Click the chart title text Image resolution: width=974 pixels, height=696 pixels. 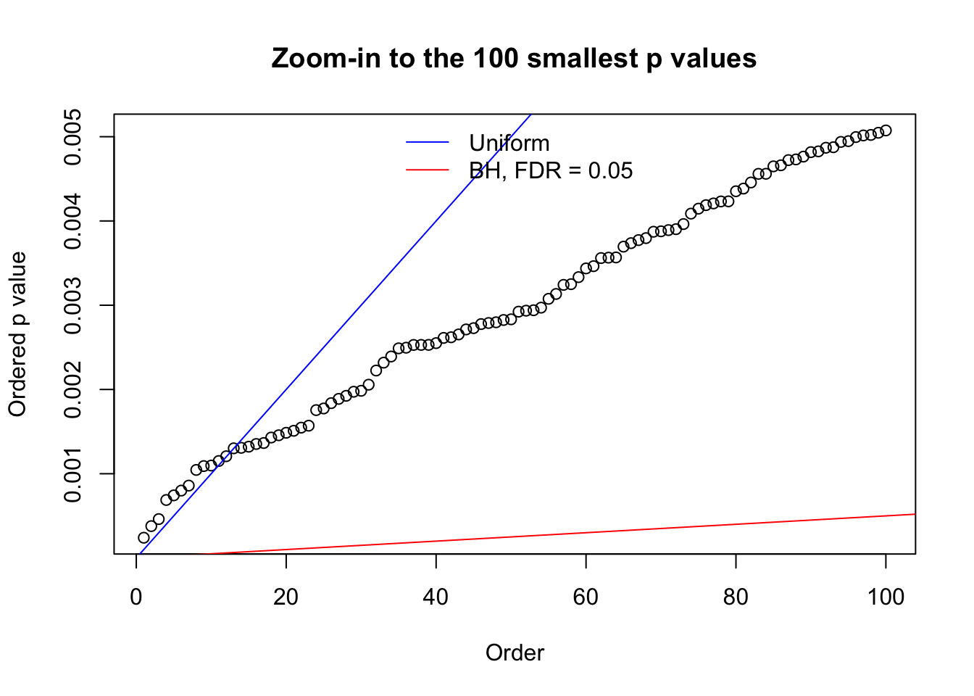(x=514, y=58)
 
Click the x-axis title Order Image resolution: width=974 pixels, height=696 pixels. (x=515, y=652)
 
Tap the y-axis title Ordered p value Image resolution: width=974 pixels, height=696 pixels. (x=17, y=334)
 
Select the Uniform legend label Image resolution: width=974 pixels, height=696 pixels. (x=509, y=143)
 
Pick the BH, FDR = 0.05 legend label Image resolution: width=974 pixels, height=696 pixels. (x=551, y=170)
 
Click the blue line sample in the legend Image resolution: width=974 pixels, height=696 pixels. (x=428, y=143)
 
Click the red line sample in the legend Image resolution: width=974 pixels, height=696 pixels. (x=428, y=170)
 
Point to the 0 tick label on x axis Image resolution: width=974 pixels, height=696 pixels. (x=136, y=597)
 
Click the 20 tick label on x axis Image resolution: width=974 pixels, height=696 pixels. (x=286, y=597)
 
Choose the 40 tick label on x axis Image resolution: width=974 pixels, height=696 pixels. (x=436, y=597)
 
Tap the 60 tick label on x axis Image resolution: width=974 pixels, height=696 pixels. (x=586, y=597)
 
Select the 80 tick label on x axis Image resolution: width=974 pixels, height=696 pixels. (x=736, y=597)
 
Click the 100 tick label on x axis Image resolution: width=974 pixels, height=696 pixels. (x=886, y=597)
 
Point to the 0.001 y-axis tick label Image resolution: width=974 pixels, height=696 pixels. (x=73, y=473)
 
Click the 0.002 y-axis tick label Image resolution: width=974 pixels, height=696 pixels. (x=73, y=389)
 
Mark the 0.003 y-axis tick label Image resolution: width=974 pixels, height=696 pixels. (x=73, y=305)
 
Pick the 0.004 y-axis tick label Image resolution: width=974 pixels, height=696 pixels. (x=73, y=221)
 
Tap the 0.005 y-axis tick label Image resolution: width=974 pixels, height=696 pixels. (x=73, y=137)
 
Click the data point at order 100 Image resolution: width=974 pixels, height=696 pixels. (x=886, y=130)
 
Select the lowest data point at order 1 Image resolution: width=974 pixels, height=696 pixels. (x=143, y=537)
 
